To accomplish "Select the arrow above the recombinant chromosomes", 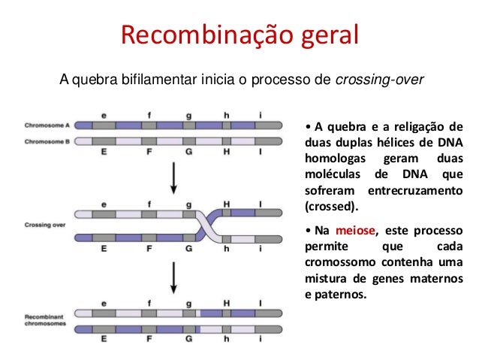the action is point(174,277).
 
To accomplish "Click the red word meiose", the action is point(353,230).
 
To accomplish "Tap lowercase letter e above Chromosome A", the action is point(104,115).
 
